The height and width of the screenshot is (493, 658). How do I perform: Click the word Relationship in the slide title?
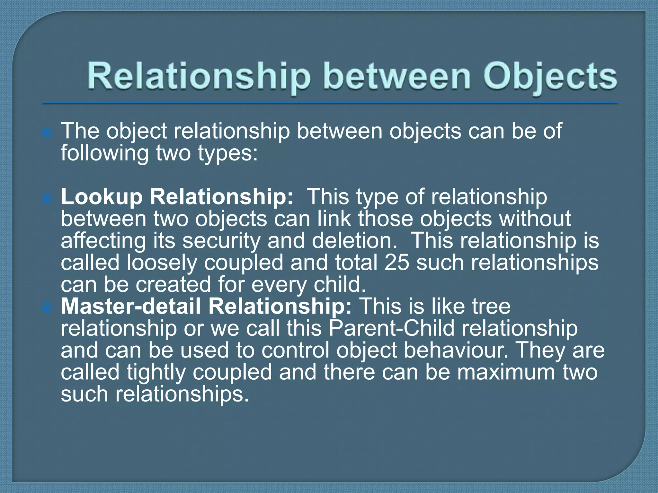click(199, 77)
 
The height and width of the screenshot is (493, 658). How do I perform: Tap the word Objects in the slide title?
click(550, 77)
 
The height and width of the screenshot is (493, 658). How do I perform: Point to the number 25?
click(397, 262)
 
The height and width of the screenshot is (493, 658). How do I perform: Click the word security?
click(222, 240)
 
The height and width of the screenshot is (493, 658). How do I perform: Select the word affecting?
click(103, 240)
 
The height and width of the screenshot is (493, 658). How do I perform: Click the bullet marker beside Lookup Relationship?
click(47, 199)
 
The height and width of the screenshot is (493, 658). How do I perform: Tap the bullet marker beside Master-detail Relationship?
click(47, 308)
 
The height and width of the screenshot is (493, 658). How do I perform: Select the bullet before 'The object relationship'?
click(47, 133)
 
